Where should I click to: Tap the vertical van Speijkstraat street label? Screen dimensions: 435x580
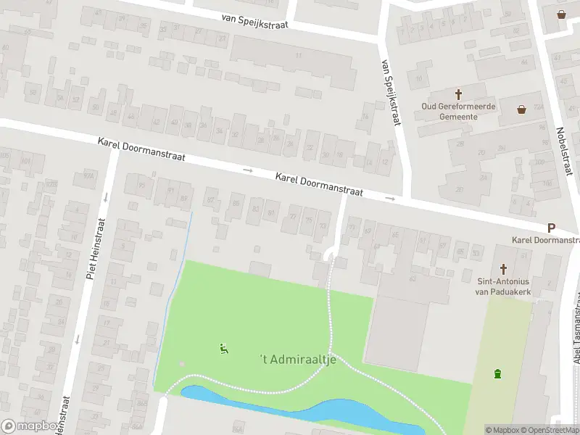coord(389,91)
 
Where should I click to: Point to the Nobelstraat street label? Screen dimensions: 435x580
coord(560,151)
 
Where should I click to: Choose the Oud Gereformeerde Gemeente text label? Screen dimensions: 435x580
coord(458,110)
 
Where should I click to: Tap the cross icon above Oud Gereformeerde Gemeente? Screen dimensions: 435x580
coord(458,94)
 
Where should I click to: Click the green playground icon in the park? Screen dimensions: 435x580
coord(223,348)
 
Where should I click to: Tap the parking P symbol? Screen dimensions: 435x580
coord(551,228)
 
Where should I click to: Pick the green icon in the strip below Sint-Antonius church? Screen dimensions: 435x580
coord(497,374)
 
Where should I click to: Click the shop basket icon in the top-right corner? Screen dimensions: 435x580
coord(561,13)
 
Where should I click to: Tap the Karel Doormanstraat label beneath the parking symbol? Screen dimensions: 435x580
coord(545,239)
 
